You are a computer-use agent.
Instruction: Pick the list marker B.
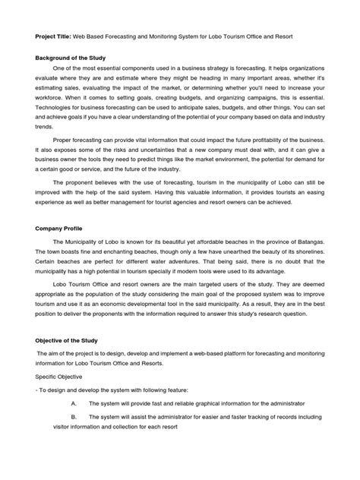[74, 418]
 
